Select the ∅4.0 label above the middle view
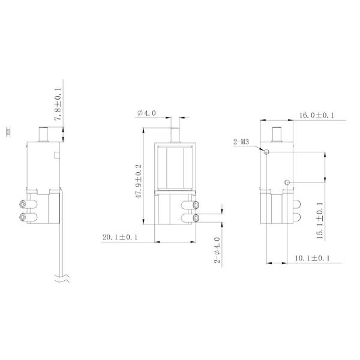click(146, 113)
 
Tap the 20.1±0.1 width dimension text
click(119, 238)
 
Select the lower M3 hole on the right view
click(288, 182)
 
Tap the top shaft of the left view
click(43, 133)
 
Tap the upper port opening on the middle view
click(197, 205)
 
